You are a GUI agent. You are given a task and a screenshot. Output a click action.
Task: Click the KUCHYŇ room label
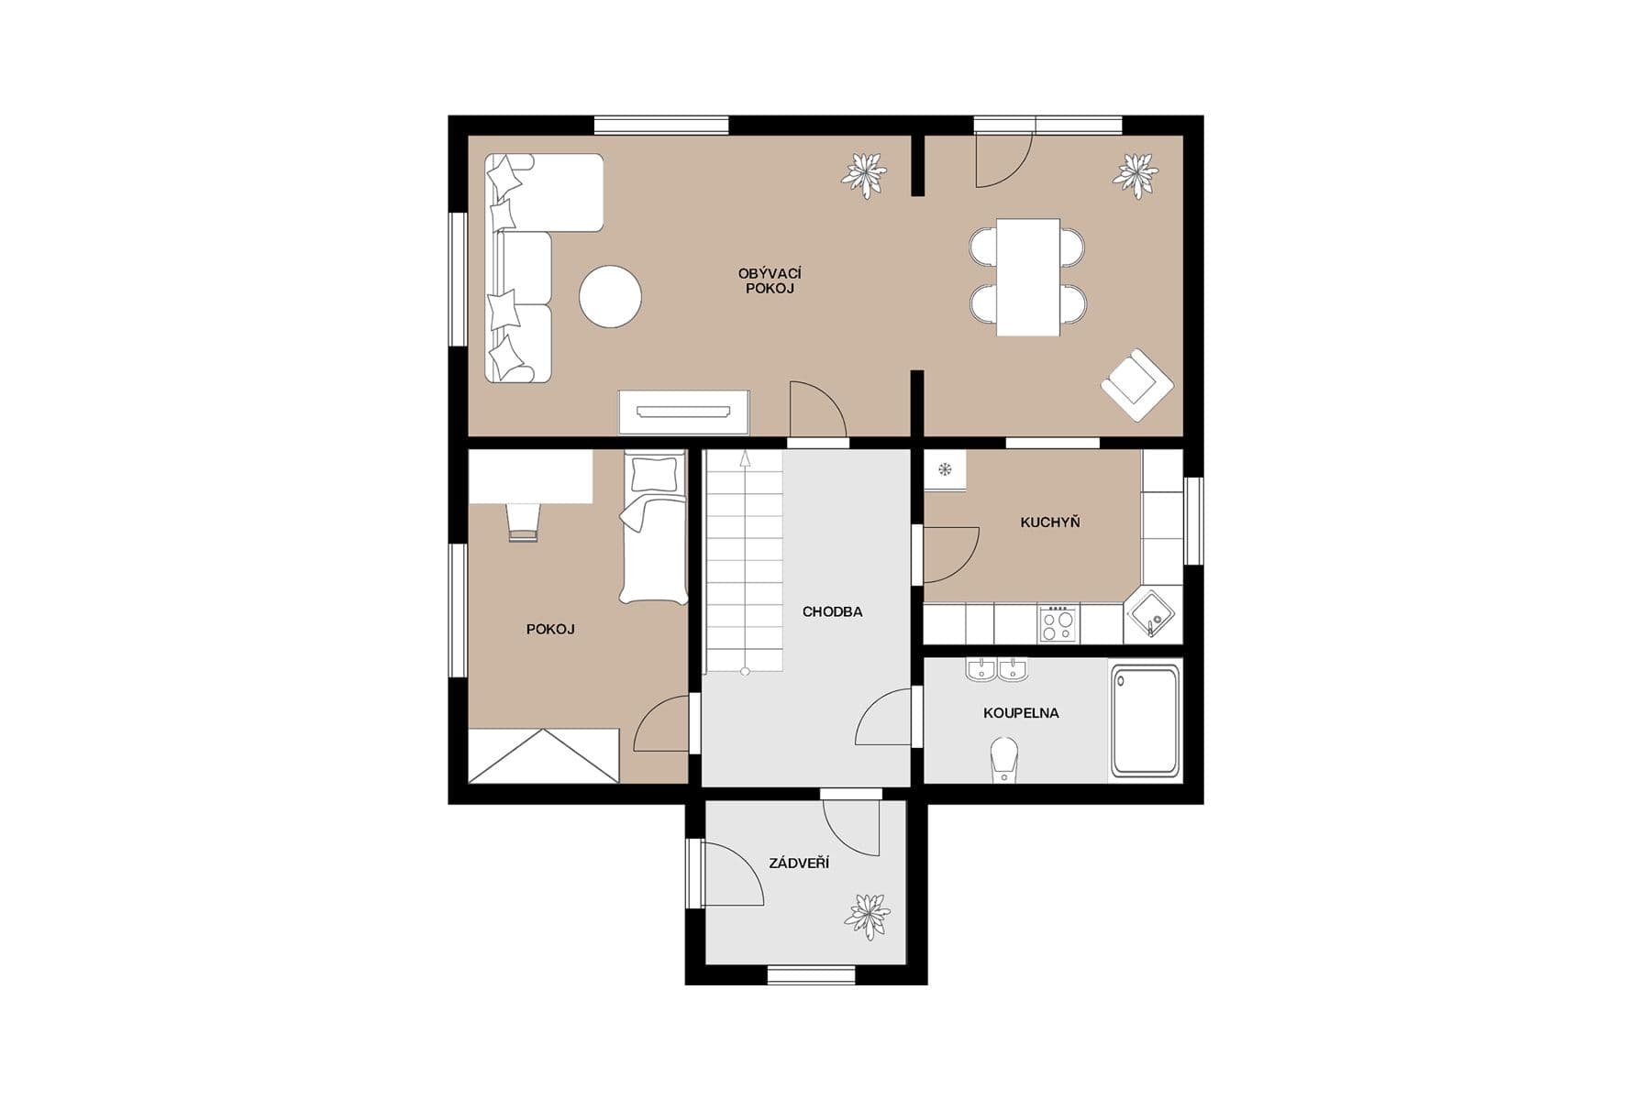[1049, 522]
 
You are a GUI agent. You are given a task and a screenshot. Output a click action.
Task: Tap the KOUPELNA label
[1021, 712]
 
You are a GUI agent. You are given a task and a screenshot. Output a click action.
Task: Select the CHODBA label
[832, 611]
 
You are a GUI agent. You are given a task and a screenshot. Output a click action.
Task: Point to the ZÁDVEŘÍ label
[799, 863]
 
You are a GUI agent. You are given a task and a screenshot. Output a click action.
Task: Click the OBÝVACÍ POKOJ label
[770, 280]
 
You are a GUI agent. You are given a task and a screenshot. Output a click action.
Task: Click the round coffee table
[610, 296]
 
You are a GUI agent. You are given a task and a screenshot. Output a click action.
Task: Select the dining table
[1028, 277]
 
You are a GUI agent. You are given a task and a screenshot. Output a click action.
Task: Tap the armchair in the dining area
[1137, 384]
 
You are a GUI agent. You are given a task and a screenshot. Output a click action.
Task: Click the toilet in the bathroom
[1005, 760]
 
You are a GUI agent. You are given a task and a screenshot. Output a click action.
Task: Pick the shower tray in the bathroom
[1145, 720]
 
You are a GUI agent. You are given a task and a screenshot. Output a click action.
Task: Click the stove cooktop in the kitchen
[1058, 623]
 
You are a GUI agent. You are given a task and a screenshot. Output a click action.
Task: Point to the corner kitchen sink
[1151, 613]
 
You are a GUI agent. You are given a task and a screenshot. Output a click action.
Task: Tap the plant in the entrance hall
[867, 916]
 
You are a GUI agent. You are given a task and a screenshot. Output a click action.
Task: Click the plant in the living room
[864, 174]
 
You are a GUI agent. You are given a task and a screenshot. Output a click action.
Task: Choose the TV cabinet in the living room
[683, 412]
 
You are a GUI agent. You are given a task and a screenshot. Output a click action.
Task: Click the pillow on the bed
[653, 474]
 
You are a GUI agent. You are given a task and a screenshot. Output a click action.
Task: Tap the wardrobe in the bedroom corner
[543, 756]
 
